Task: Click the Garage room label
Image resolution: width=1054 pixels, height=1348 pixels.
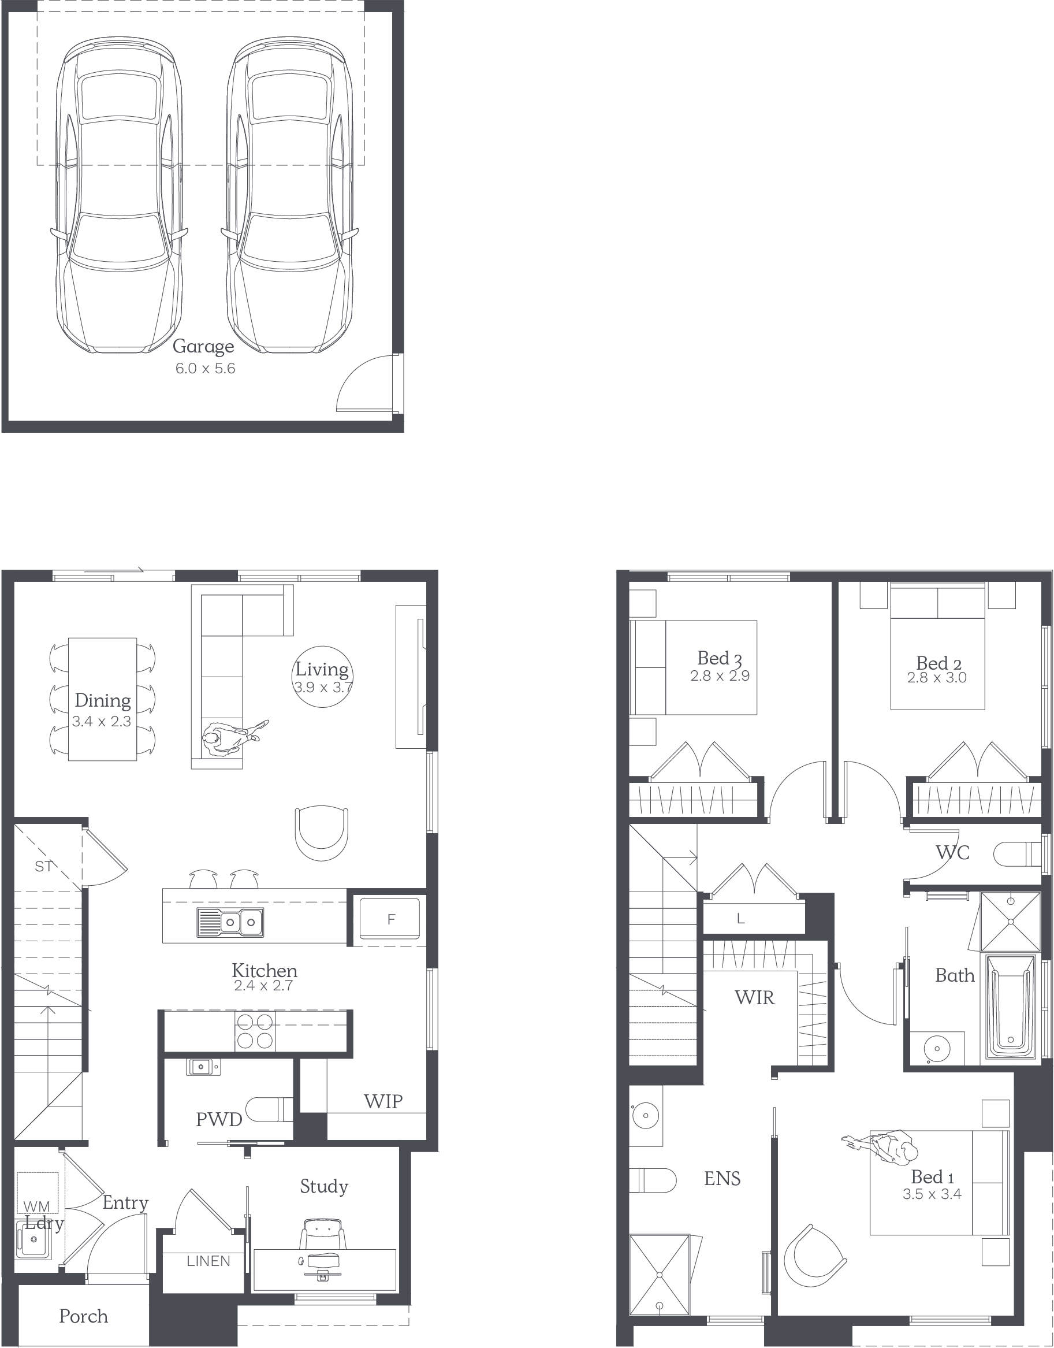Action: point(203,347)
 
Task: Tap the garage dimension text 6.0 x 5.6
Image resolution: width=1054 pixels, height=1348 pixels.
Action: point(205,369)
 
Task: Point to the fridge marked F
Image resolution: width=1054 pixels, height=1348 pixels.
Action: point(390,920)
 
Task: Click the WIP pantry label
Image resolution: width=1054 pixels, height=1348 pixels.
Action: point(383,1101)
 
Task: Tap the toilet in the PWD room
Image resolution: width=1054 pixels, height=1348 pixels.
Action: point(270,1109)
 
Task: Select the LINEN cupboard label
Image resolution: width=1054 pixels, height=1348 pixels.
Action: point(208,1261)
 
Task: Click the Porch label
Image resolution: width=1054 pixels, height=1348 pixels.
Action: point(83,1317)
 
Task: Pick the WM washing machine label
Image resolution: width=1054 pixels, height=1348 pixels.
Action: point(36,1206)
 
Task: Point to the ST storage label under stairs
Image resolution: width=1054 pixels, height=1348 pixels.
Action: point(43,867)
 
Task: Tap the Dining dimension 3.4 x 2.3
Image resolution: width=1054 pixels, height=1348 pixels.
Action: point(102,722)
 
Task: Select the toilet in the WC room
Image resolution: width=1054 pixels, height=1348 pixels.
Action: point(1018,855)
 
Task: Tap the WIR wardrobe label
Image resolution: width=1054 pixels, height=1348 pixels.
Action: point(754,997)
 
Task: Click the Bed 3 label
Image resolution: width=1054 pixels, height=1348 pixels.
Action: point(720,658)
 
